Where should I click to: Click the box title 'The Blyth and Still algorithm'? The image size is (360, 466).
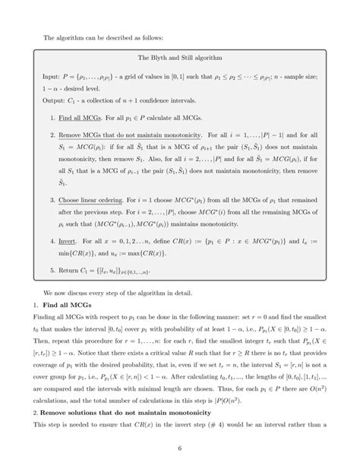click(x=179, y=58)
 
